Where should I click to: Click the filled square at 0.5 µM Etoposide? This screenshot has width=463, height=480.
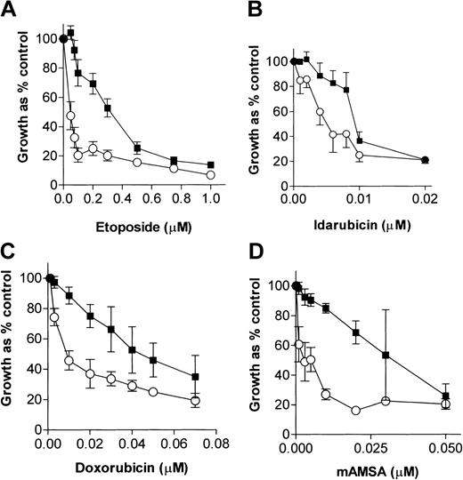(137, 147)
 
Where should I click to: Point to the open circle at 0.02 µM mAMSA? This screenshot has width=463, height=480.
(355, 410)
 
